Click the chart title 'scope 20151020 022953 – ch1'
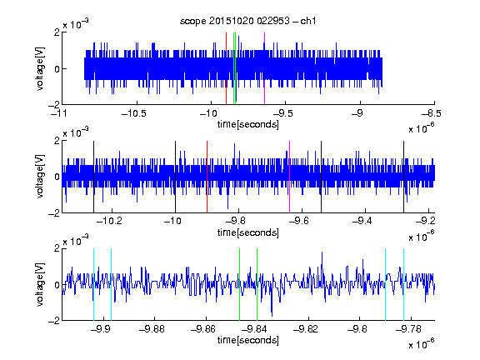(247, 21)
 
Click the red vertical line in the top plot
(226, 68)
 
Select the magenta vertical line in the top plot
(264, 68)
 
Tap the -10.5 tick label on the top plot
(134, 114)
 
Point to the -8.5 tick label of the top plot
(432, 114)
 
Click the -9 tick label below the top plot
(357, 114)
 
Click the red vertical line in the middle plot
(207, 177)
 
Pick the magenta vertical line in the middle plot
(290, 177)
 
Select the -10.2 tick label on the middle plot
(109, 221)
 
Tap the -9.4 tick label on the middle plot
(362, 221)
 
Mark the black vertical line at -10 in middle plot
(175, 177)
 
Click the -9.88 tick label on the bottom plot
(152, 329)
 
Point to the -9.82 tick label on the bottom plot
(305, 329)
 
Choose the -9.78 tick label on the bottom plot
(408, 329)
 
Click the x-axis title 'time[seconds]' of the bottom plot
(248, 340)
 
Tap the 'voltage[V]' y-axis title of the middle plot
(40, 177)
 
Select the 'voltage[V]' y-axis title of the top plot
(40, 68)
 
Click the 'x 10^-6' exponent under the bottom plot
(422, 345)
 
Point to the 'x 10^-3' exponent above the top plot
(76, 24)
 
